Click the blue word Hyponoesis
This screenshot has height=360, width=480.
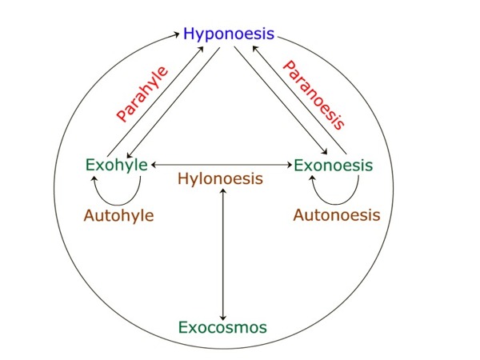(229, 34)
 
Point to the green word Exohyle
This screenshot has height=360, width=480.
(116, 166)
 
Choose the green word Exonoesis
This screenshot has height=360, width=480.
(334, 166)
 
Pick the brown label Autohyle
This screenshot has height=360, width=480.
(118, 215)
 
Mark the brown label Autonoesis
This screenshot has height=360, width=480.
(337, 215)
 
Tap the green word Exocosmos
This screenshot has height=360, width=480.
(222, 327)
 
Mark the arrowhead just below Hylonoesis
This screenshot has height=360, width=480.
(223, 193)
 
